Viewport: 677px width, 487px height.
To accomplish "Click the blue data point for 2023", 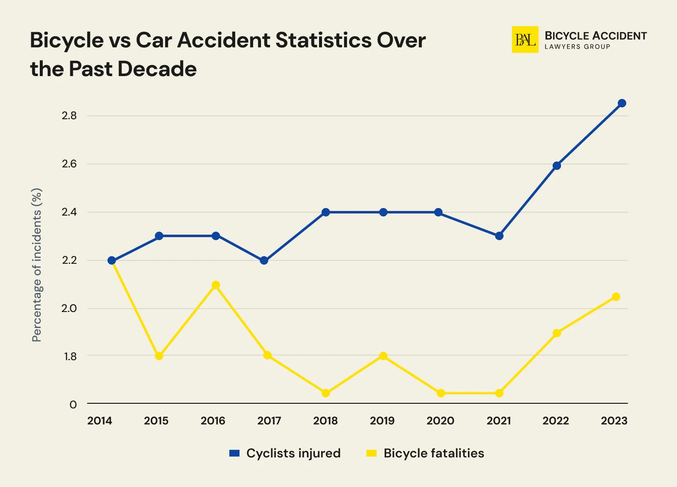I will [622, 103].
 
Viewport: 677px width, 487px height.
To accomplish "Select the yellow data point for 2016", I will [215, 285].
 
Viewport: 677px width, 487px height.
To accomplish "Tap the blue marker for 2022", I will [557, 166].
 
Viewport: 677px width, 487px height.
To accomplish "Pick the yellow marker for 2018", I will [325, 393].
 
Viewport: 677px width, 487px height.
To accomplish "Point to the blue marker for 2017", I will [264, 260].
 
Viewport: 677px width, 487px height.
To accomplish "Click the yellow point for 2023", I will [616, 297].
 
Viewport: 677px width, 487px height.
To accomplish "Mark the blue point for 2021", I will [499, 236].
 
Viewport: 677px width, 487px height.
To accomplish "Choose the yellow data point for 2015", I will [159, 356].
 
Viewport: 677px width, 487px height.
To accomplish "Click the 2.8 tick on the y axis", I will [69, 116].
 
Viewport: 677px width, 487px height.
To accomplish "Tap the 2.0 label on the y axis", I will [69, 308].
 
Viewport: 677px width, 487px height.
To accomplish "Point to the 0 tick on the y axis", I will [73, 405].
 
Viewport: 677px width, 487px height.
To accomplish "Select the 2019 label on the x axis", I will [382, 421].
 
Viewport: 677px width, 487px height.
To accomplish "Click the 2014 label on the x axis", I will [99, 421].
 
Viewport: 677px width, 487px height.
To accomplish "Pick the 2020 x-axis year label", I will [440, 421].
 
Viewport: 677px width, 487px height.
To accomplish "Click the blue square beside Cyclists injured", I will [234, 453].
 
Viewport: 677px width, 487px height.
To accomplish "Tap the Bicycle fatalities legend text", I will [434, 453].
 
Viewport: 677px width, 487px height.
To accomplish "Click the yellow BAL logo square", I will [525, 40].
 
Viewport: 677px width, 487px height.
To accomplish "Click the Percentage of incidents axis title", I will [37, 265].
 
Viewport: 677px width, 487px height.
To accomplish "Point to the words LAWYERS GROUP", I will [577, 47].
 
